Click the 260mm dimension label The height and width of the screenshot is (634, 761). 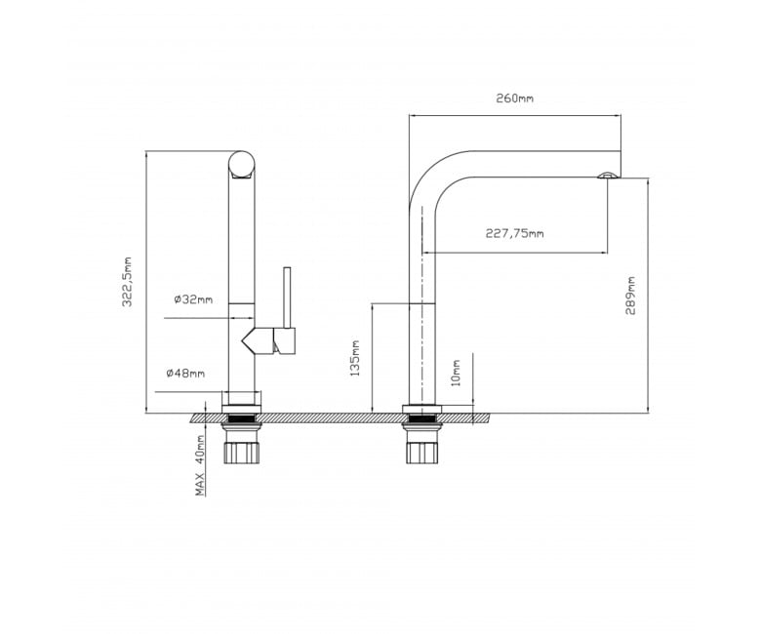pyautogui.click(x=514, y=98)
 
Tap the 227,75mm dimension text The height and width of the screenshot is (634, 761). pyautogui.click(x=514, y=233)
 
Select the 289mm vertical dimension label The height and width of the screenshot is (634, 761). pyautogui.click(x=630, y=296)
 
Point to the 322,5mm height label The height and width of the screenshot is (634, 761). pyautogui.click(x=127, y=282)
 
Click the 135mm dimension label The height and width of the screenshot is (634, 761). pyautogui.click(x=355, y=358)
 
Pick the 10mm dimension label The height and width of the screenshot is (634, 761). pyautogui.click(x=456, y=373)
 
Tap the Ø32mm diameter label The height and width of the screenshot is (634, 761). pyautogui.click(x=193, y=299)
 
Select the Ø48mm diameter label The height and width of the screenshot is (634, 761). pyautogui.click(x=185, y=373)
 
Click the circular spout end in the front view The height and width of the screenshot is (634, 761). pyautogui.click(x=241, y=164)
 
